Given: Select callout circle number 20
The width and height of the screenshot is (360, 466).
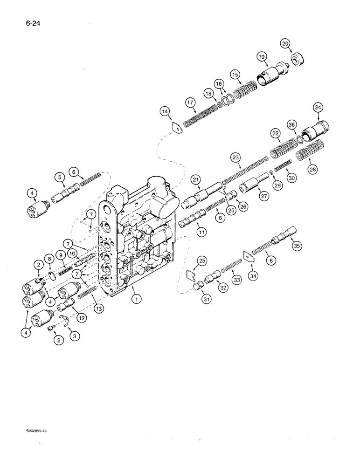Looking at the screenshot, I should tap(285, 43).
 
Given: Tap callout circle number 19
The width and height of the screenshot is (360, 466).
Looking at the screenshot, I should tap(261, 57).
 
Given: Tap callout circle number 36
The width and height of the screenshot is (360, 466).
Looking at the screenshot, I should tap(292, 124).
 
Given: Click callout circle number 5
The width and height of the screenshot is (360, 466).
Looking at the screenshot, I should tap(59, 177).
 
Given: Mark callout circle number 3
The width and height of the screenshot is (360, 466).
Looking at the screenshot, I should tap(73, 334).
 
